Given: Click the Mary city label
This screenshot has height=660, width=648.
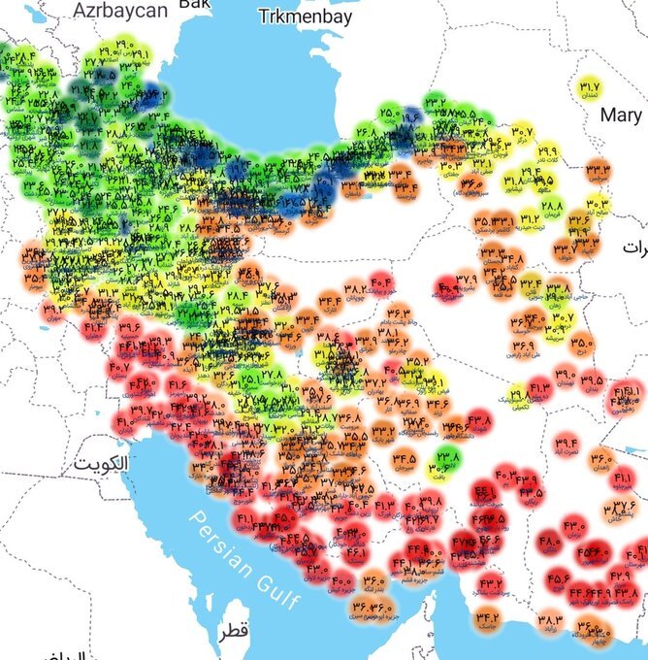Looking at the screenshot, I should [620, 115].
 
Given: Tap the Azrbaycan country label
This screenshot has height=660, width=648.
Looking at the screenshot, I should [119, 10].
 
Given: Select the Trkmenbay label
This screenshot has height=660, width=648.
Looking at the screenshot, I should [305, 16].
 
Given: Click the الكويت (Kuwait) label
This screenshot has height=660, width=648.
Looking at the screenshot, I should [100, 463].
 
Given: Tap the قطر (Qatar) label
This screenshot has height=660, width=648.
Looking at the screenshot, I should [233, 631].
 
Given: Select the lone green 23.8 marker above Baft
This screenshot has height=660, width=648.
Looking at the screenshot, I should [448, 455].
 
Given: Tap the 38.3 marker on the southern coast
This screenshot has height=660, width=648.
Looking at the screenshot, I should [549, 619].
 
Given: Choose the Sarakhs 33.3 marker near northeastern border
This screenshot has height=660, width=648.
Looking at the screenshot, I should [598, 172].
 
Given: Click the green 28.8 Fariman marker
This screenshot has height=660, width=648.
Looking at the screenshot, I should [552, 207].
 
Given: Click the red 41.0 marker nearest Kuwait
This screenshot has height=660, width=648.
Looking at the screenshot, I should [126, 422].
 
